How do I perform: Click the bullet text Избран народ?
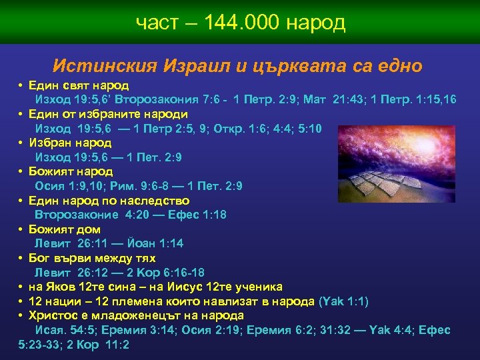coord(70,143)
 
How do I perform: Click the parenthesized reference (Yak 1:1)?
coord(343,301)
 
